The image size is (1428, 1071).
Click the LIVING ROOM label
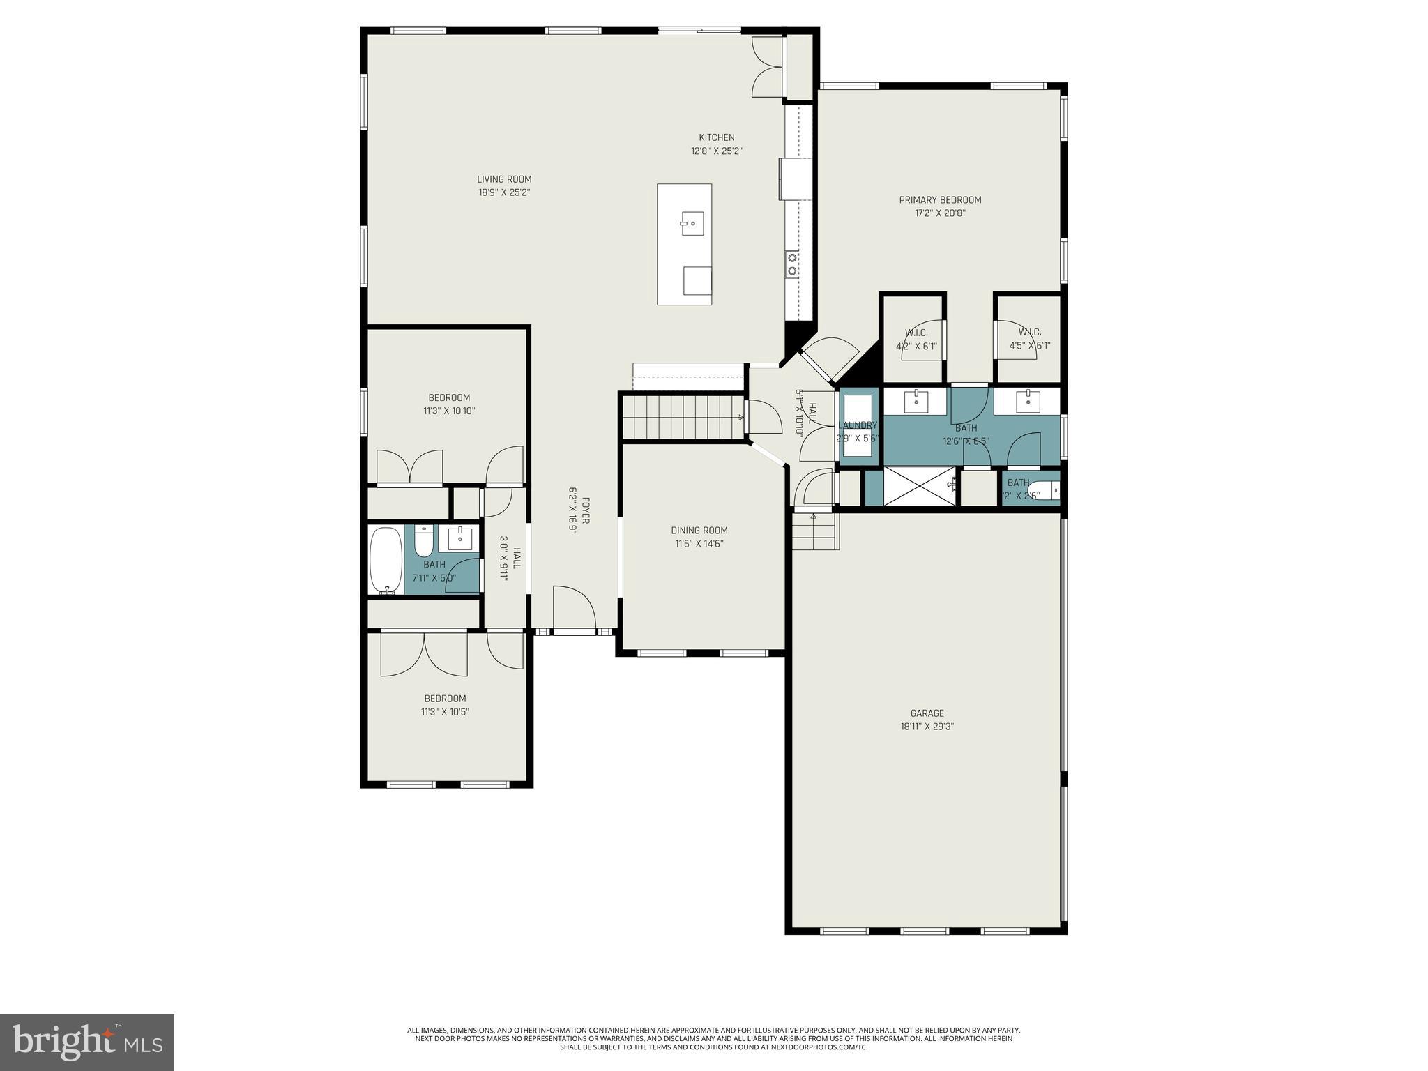tap(504, 179)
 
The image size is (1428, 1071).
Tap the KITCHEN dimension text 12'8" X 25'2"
tap(717, 151)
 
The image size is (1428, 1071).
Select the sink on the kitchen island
tap(692, 225)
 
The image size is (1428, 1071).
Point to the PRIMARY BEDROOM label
tap(940, 200)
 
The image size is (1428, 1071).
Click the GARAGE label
tap(927, 713)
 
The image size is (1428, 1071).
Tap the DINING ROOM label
tap(699, 531)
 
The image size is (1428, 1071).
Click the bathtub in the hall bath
tap(386, 560)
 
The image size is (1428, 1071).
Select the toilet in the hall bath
tap(424, 540)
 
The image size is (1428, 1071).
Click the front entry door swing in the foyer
tap(575, 609)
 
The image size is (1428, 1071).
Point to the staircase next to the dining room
tap(682, 417)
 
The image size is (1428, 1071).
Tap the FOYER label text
tap(586, 510)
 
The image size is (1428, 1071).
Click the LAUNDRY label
tap(858, 425)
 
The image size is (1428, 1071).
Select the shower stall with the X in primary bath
tap(919, 486)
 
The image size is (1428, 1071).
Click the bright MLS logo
tap(87, 1042)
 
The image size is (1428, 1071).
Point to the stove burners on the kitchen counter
tap(793, 265)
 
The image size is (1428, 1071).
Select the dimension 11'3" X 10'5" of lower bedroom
tap(445, 712)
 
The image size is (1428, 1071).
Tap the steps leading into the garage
tap(815, 531)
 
